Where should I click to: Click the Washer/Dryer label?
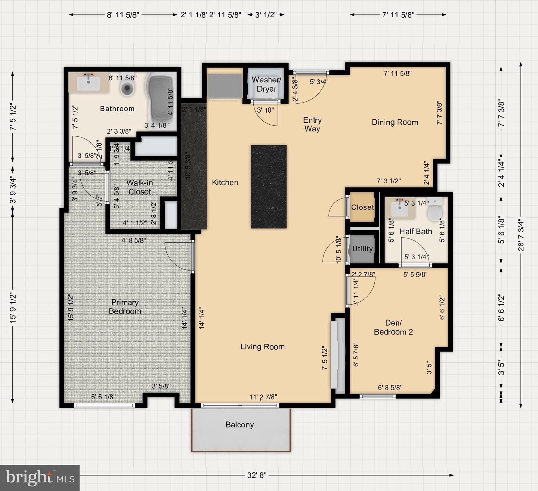click(266, 84)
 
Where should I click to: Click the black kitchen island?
click(268, 186)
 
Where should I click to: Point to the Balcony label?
click(239, 425)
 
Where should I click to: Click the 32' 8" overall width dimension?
click(257, 475)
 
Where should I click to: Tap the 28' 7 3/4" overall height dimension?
click(521, 235)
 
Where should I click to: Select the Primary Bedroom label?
click(125, 307)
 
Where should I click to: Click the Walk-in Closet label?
click(139, 187)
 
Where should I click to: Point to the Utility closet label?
click(362, 249)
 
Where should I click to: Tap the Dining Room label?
click(395, 122)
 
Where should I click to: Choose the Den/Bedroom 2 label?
click(393, 327)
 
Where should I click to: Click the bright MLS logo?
click(40, 478)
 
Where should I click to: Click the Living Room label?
click(262, 347)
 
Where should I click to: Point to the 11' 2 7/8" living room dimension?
click(263, 397)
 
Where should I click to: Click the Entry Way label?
click(312, 125)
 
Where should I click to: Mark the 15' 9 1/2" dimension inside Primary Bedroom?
click(71, 307)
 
